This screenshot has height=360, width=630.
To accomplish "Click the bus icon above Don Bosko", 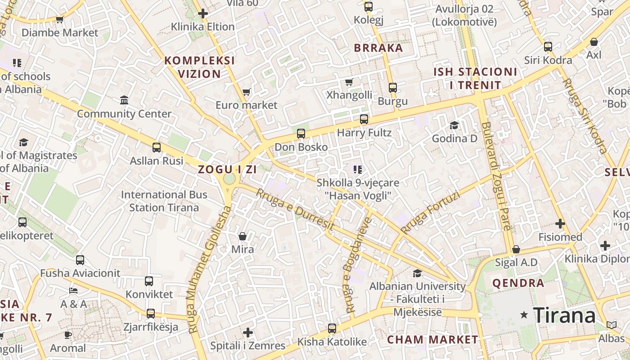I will [x=301, y=134].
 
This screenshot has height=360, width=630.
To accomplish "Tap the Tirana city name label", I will [x=564, y=315].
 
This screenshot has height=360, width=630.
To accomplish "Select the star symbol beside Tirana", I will [x=524, y=315].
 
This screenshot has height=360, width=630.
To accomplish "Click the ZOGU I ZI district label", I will [x=228, y=170].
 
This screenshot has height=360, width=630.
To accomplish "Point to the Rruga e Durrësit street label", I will [x=295, y=210].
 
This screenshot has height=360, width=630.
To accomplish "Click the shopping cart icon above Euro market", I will [x=246, y=92].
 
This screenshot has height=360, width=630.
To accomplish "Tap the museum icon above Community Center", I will [x=124, y=100].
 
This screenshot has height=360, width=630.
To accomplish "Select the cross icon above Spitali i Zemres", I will [x=248, y=333].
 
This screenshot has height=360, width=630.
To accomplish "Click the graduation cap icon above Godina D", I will [x=454, y=125].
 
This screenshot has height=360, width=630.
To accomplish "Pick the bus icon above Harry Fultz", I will [x=364, y=119].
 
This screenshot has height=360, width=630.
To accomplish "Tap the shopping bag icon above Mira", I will [x=243, y=236].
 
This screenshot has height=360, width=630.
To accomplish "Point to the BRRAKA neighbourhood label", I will [x=378, y=48].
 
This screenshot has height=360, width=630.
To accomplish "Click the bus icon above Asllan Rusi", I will [x=157, y=147].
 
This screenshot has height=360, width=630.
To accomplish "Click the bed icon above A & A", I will [x=74, y=291].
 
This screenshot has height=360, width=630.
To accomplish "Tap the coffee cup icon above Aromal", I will [x=67, y=335].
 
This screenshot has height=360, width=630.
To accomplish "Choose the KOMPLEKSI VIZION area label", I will [x=200, y=67].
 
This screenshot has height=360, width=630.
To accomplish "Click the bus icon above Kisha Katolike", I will [x=332, y=328].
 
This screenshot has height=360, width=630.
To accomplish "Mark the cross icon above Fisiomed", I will [x=560, y=224].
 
